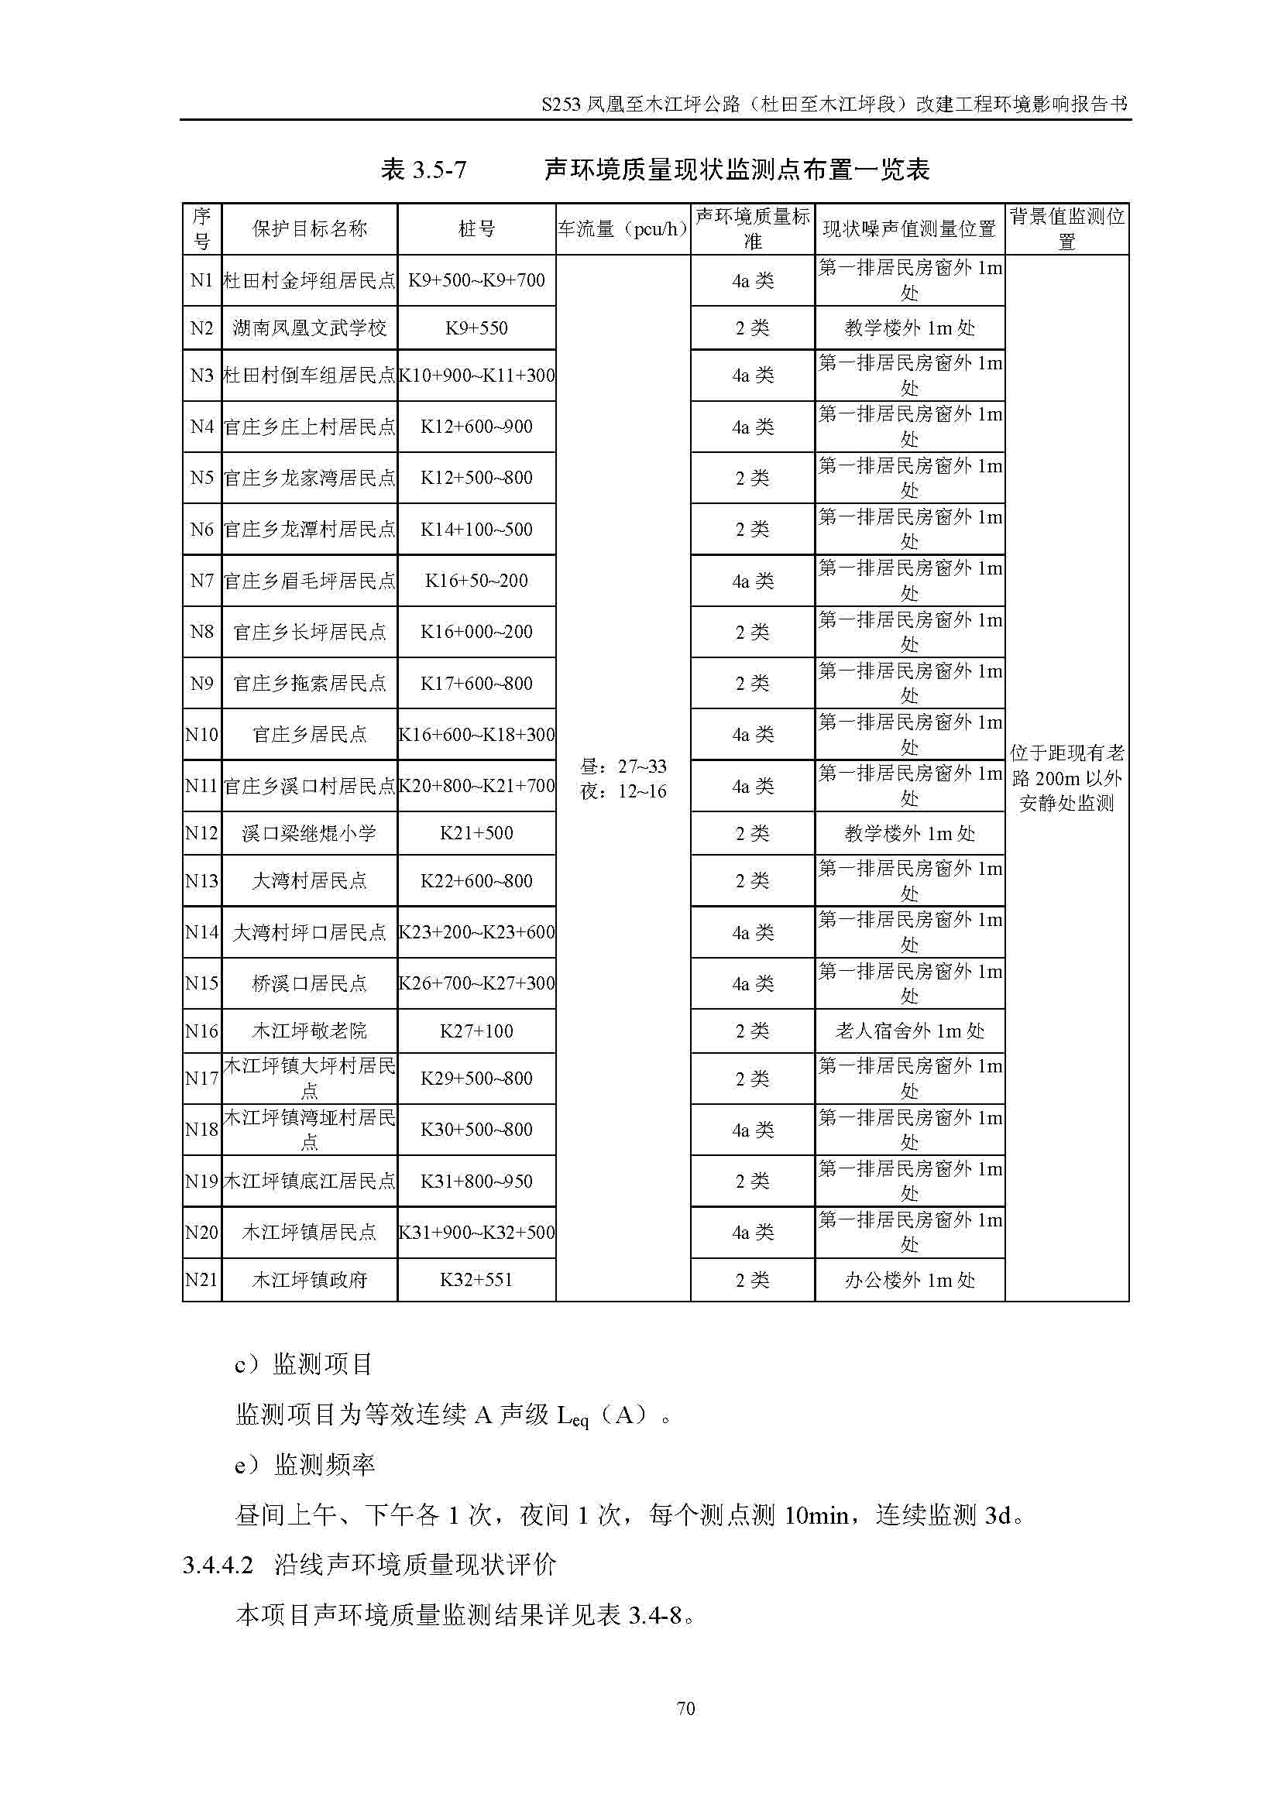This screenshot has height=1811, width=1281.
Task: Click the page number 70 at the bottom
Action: [685, 1708]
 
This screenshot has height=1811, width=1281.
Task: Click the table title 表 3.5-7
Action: [423, 170]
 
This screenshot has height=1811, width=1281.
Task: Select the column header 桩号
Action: [476, 229]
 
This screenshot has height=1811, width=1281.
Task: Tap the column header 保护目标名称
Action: [309, 229]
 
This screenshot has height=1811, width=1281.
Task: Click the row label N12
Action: [201, 833]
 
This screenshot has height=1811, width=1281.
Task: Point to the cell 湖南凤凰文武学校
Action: [309, 328]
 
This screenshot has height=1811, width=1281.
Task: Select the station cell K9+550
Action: [476, 328]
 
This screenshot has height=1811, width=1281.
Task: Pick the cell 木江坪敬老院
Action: [309, 1031]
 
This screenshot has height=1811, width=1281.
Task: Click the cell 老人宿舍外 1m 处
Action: [909, 1031]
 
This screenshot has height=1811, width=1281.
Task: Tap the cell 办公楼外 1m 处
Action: [909, 1279]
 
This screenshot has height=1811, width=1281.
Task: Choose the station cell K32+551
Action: [476, 1279]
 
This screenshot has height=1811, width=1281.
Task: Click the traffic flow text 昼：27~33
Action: [623, 766]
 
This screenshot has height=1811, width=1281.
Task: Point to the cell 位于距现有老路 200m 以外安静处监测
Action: [1066, 778]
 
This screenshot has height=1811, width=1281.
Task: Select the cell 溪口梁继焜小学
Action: [309, 833]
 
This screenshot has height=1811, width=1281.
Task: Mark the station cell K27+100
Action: [476, 1031]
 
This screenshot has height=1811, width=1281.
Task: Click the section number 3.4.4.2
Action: [218, 1565]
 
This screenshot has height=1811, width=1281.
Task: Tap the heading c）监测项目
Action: [304, 1363]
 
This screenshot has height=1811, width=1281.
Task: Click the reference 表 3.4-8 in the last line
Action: [654, 1616]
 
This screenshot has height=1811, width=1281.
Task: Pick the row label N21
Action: [201, 1279]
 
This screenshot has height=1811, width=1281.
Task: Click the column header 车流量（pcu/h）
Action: [623, 229]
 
